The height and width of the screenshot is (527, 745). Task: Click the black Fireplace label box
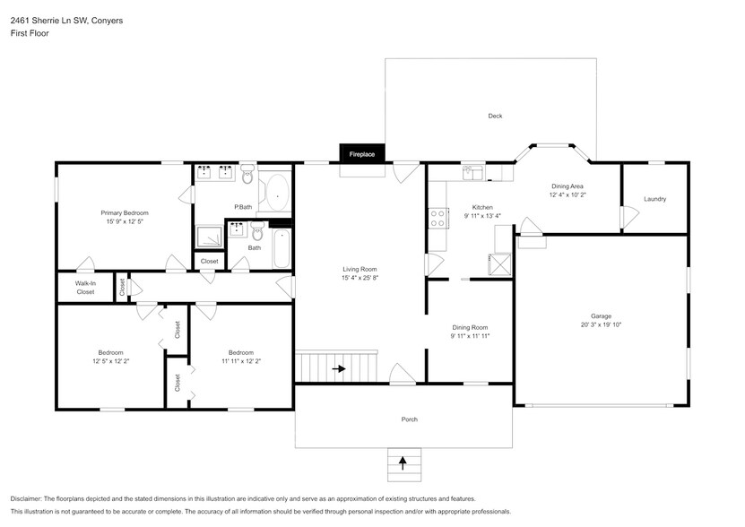coord(362,154)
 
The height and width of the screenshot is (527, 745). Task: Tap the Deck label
coord(495,117)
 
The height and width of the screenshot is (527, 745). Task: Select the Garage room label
coord(601,315)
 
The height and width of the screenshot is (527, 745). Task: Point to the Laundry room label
coord(654,199)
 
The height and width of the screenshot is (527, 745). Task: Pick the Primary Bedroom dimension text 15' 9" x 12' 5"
coord(124,220)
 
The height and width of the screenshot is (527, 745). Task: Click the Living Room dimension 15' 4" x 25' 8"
coord(359,277)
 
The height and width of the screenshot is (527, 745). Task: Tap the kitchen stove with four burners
coord(438,218)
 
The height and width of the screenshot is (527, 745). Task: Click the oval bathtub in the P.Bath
coord(277,191)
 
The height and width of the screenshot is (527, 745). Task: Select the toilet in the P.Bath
coord(248,171)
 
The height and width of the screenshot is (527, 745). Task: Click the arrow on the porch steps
coord(403,463)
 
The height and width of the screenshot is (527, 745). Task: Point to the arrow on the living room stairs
coord(340,367)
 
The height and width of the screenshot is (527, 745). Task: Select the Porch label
coord(409,419)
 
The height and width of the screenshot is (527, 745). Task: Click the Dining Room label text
coord(470,328)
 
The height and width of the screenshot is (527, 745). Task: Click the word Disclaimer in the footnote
coord(30,498)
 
